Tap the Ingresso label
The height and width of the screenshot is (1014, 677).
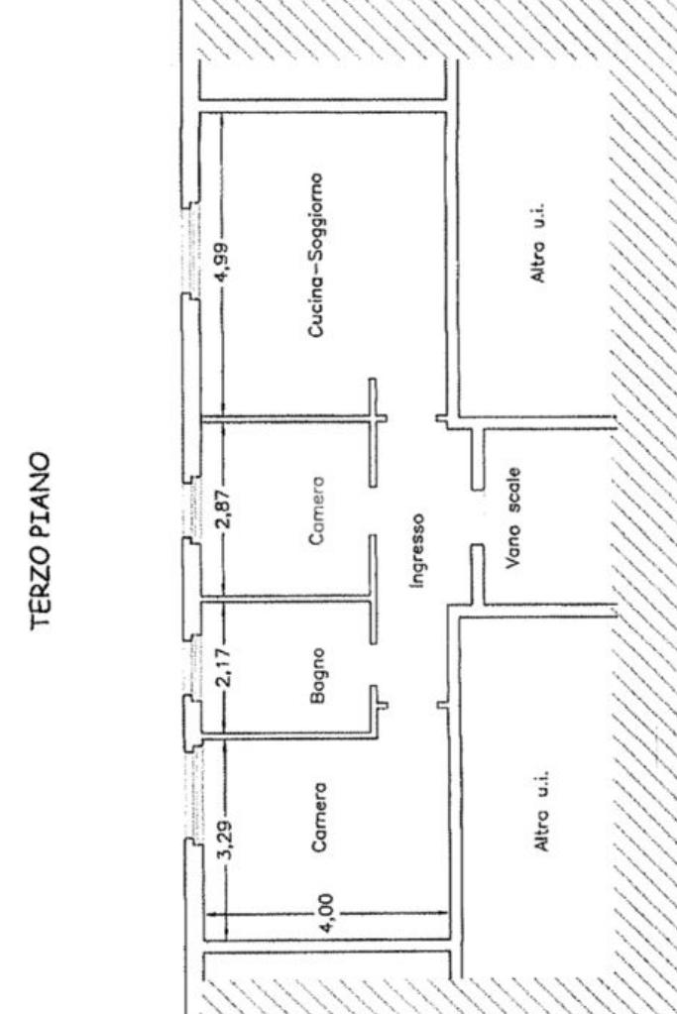pyautogui.click(x=418, y=549)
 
